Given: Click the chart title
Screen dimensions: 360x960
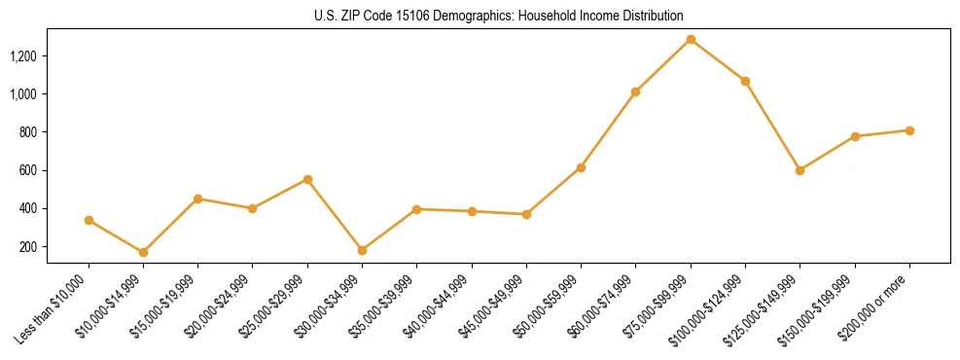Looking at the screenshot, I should pyautogui.click(x=499, y=16).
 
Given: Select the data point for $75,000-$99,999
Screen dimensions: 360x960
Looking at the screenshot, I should pyautogui.click(x=691, y=40).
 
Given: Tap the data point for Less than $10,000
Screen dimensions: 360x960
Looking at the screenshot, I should pyautogui.click(x=89, y=220).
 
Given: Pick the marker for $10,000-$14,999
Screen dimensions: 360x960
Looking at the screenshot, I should pyautogui.click(x=144, y=252).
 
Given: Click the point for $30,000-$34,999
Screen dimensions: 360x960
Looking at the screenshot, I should pyautogui.click(x=363, y=250).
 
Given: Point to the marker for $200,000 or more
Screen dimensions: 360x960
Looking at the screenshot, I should pyautogui.click(x=909, y=130).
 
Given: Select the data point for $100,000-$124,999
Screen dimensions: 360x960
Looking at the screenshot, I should pyautogui.click(x=745, y=81).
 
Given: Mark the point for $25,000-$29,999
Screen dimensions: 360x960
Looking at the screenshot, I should pyautogui.click(x=307, y=179).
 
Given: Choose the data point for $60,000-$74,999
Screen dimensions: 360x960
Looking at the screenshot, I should pyautogui.click(x=636, y=91).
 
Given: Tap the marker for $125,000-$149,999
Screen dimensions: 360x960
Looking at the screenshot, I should pyautogui.click(x=800, y=170).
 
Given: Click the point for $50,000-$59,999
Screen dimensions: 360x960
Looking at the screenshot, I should pyautogui.click(x=581, y=167).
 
